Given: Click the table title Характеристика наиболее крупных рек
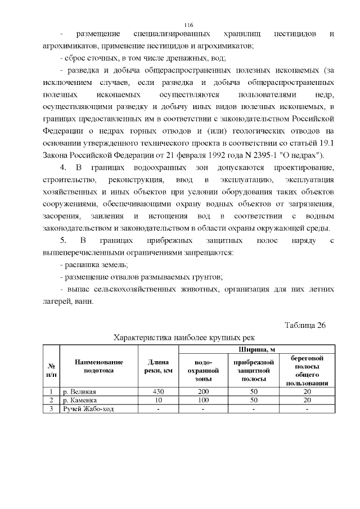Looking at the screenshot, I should (184, 337).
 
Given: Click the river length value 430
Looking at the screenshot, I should (158, 391).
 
